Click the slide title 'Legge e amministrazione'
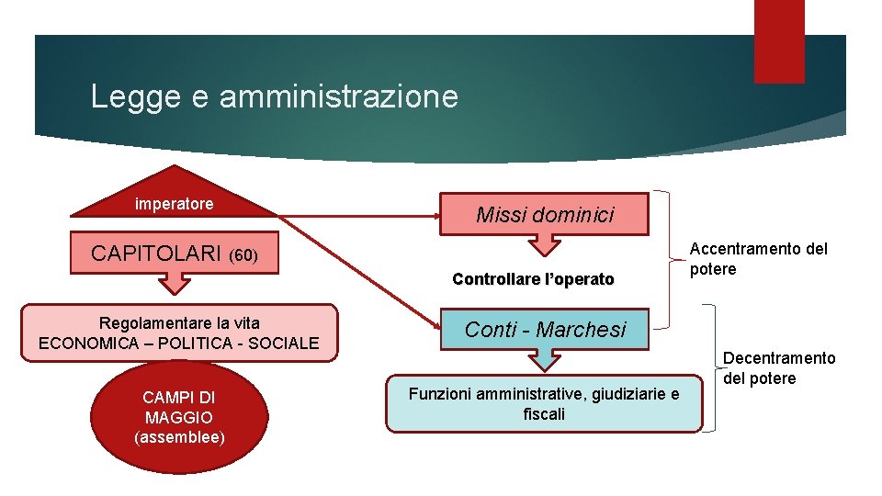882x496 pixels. click(274, 96)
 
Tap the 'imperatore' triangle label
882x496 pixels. click(174, 204)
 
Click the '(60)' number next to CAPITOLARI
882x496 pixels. click(243, 254)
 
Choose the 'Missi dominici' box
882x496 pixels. click(545, 215)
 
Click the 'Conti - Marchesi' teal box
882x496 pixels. click(545, 329)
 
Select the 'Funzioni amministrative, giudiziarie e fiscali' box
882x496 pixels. click(544, 404)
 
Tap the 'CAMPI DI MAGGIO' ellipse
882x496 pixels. click(179, 417)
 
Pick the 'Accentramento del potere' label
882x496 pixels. click(758, 258)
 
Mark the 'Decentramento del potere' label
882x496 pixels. click(779, 367)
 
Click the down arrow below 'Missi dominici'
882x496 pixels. click(545, 244)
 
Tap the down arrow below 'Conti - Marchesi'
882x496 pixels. click(545, 359)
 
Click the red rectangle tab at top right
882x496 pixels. click(778, 41)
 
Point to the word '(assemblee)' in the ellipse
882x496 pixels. click(179, 437)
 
